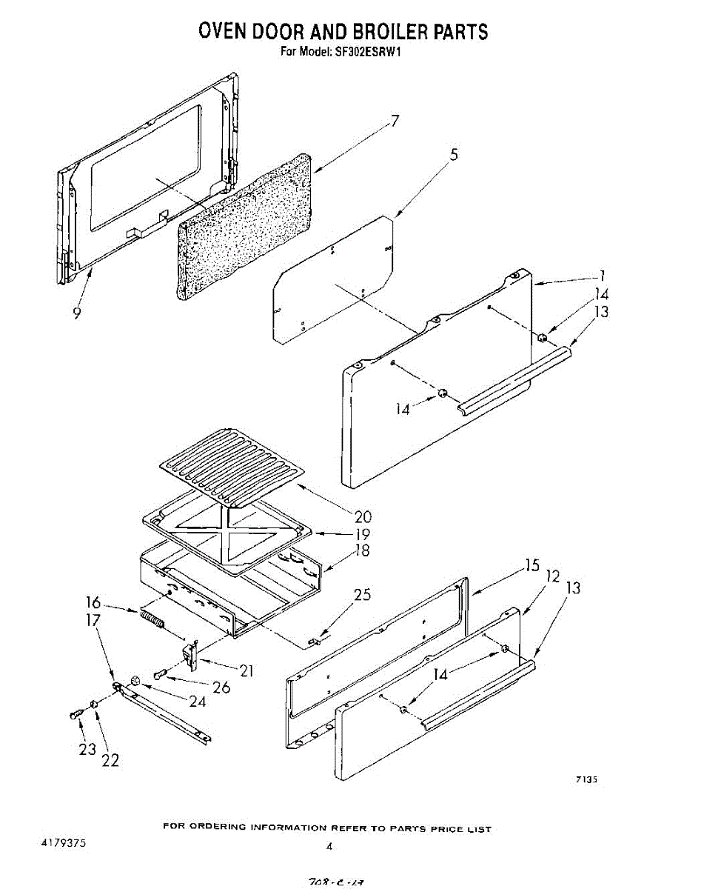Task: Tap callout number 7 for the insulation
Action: pyautogui.click(x=395, y=121)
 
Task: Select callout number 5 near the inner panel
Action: pyautogui.click(x=454, y=155)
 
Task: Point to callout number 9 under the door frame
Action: pyautogui.click(x=77, y=313)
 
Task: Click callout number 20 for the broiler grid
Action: pyautogui.click(x=363, y=517)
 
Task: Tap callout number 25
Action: pyautogui.click(x=363, y=595)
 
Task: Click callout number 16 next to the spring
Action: pyautogui.click(x=93, y=603)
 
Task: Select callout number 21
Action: pyautogui.click(x=246, y=671)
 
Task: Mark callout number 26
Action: pyautogui.click(x=221, y=687)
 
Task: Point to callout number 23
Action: pyautogui.click(x=87, y=749)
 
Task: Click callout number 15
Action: pyautogui.click(x=531, y=565)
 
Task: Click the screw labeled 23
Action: pyautogui.click(x=74, y=713)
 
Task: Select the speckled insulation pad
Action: pyautogui.click(x=244, y=227)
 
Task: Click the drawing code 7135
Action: pyautogui.click(x=586, y=779)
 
